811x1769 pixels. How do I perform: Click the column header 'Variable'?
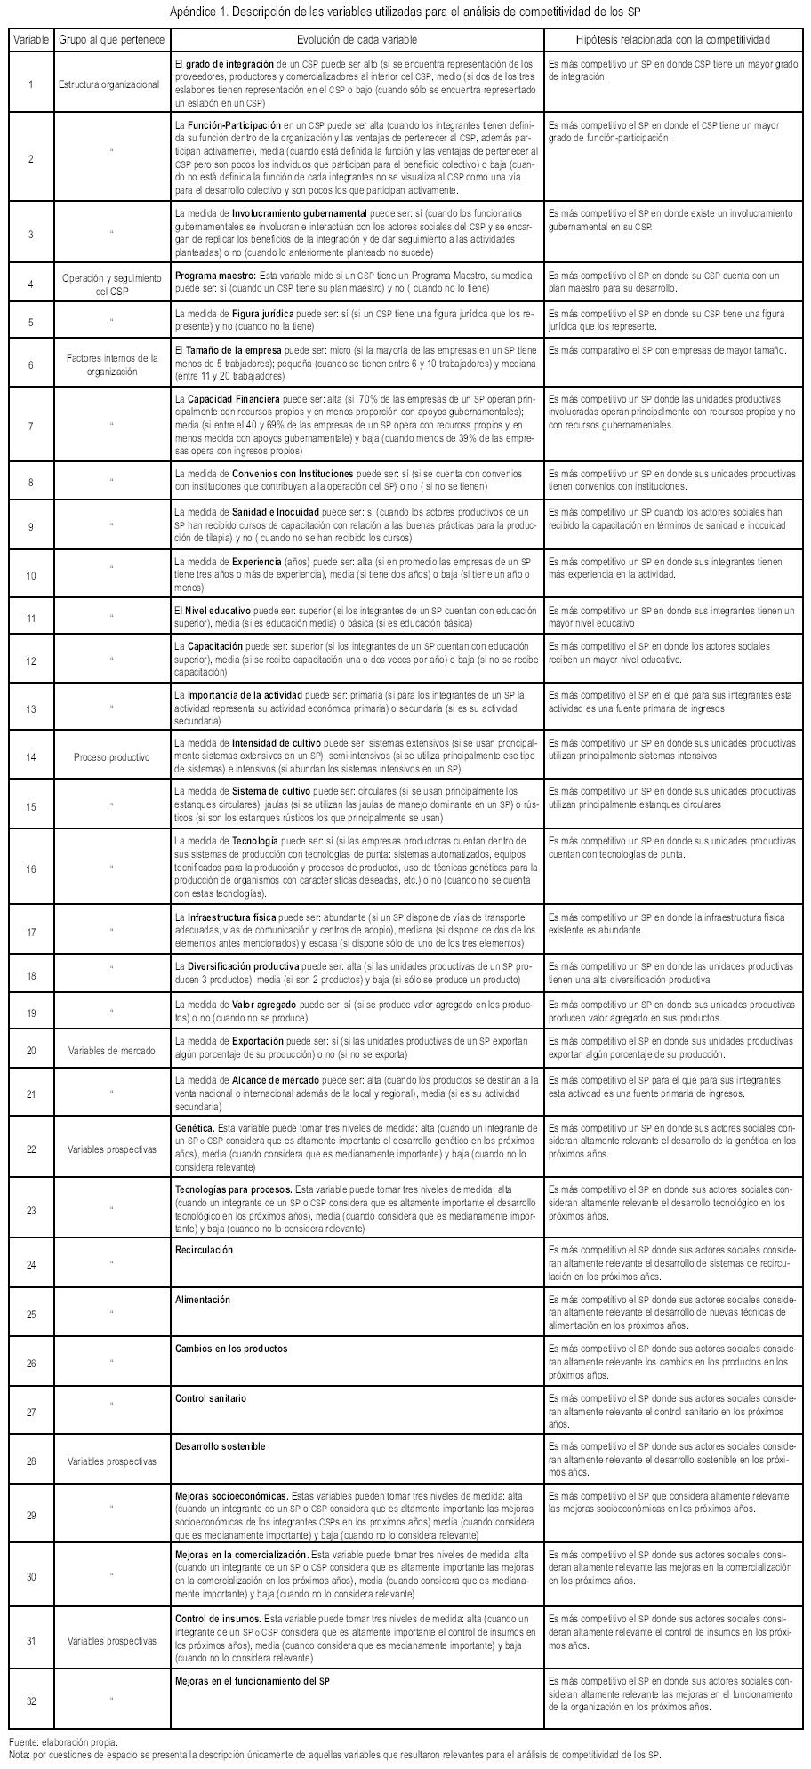31,41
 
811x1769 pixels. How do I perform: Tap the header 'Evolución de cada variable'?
357,41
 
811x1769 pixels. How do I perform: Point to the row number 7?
31,427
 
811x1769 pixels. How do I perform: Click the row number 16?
31,869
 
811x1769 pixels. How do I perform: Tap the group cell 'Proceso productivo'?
112,757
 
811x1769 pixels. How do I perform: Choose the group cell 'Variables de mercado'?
112,1051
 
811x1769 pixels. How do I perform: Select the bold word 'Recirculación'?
204,1249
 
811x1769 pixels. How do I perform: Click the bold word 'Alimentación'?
203,1299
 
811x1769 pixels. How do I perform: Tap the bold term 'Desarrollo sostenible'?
220,1446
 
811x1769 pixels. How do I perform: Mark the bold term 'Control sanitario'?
211,1397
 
